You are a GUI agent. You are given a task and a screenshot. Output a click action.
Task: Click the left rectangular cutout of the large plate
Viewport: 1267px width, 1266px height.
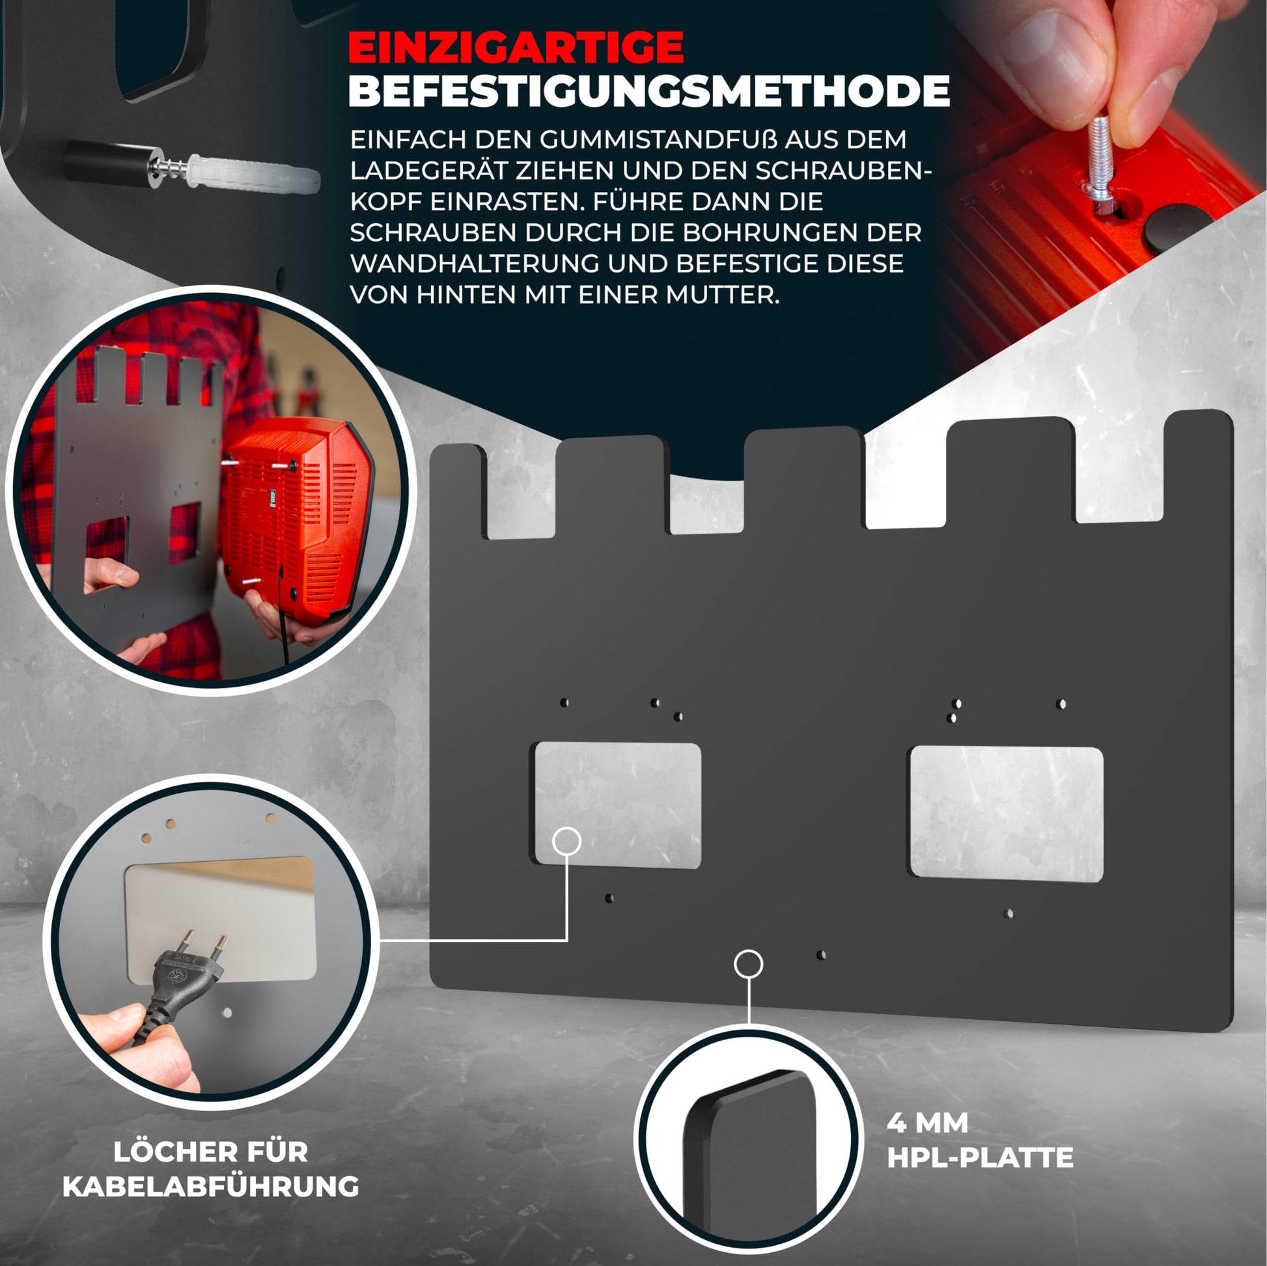[x=618, y=806]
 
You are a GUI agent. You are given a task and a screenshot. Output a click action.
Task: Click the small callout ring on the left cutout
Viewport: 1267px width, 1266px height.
[x=566, y=840]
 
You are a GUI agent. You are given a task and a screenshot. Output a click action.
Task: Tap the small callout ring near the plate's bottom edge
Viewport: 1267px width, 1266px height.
[x=748, y=964]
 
